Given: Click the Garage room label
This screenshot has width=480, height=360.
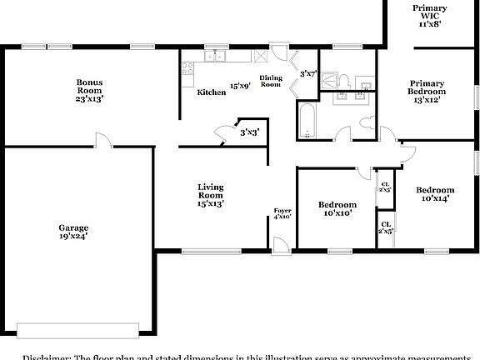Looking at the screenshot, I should [73, 227].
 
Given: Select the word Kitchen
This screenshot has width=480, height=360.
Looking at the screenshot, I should [211, 92].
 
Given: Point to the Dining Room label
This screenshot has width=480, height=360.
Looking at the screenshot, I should [271, 82].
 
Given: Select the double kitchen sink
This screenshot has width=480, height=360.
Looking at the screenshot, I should [219, 57].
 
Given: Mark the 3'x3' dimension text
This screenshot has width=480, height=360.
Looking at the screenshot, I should [249, 132].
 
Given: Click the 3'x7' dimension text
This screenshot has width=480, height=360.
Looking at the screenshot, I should [308, 73].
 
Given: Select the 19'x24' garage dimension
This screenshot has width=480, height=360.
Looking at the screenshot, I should [73, 236].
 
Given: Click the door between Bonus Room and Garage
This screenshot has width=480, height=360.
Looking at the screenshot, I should [101, 142].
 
